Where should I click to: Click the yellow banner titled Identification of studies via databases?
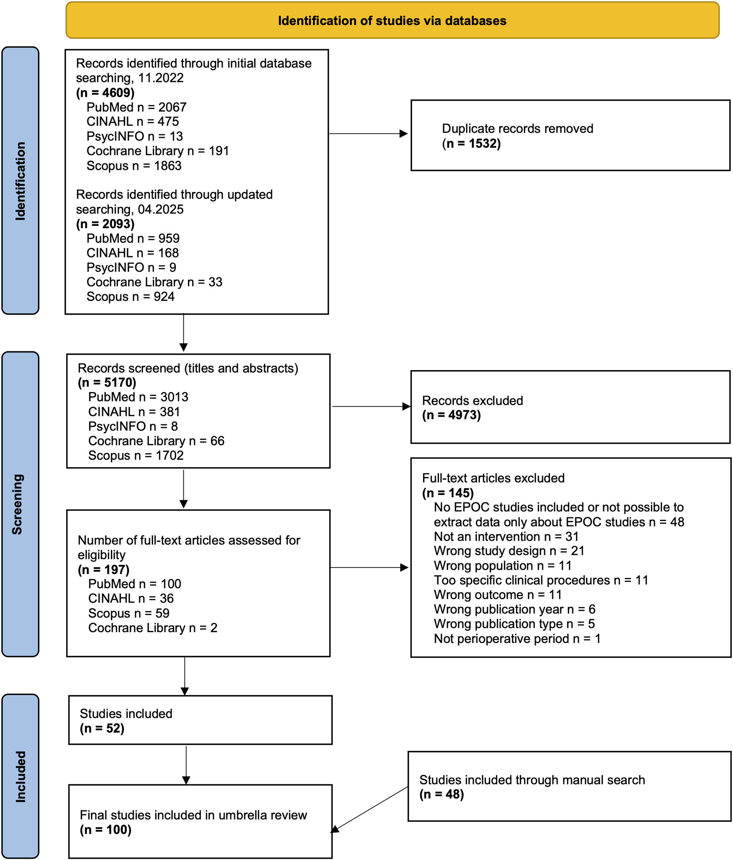click(392, 20)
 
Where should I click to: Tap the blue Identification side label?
click(20, 180)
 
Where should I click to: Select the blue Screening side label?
click(20, 504)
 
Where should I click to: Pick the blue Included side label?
click(20, 776)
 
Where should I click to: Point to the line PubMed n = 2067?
click(137, 107)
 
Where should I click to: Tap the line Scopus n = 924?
click(130, 296)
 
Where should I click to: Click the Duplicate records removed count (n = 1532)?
click(471, 143)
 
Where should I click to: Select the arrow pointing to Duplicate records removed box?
click(368, 134)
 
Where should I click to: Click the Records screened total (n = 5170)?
click(107, 382)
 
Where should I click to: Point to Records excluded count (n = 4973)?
click(451, 415)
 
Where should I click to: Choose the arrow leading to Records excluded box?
click(371, 406)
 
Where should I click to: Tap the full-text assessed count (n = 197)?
click(104, 569)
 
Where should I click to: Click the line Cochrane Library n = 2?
click(153, 628)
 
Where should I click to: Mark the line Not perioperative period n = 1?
click(517, 638)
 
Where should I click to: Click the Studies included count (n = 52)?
click(102, 728)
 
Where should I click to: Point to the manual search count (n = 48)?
click(441, 794)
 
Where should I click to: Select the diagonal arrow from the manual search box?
click(369, 809)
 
